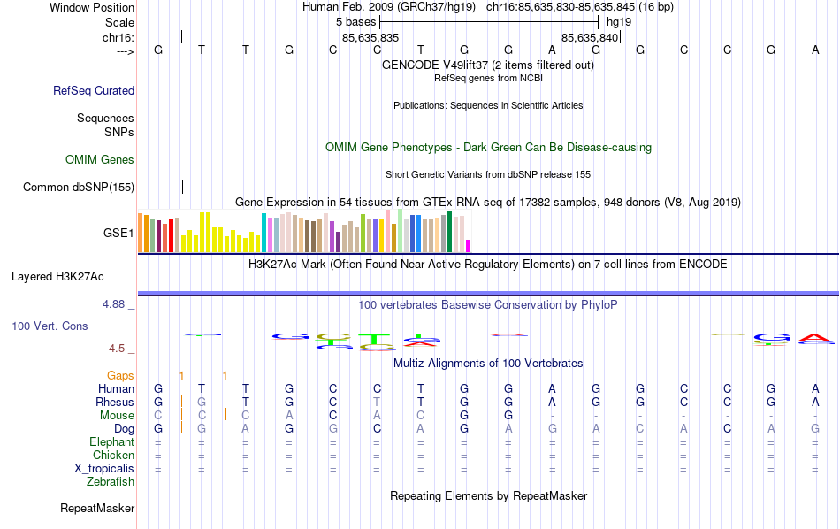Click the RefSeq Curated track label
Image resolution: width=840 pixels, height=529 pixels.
tap(94, 90)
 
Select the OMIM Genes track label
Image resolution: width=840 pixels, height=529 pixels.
tap(100, 159)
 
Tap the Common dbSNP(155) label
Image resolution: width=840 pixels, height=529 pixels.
tap(79, 187)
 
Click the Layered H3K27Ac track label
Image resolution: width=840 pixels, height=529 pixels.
tap(73, 276)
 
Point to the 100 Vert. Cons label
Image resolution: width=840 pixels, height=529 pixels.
tap(50, 326)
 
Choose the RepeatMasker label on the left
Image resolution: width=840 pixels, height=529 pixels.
tap(97, 508)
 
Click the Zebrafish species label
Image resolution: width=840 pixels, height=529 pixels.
tap(111, 481)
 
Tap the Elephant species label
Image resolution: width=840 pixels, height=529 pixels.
tap(111, 441)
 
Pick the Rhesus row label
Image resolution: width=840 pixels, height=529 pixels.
tap(115, 402)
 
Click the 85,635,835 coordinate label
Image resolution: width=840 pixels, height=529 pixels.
tap(370, 37)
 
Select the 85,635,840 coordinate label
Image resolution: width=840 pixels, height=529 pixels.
tap(590, 37)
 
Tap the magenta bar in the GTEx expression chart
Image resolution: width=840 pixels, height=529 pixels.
tap(469, 245)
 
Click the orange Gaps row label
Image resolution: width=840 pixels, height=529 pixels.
tap(120, 375)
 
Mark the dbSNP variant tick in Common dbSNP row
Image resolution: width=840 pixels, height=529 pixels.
tap(182, 187)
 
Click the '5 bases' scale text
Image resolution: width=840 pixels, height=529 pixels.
tap(355, 21)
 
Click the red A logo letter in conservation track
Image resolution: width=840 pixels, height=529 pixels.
tap(814, 338)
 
